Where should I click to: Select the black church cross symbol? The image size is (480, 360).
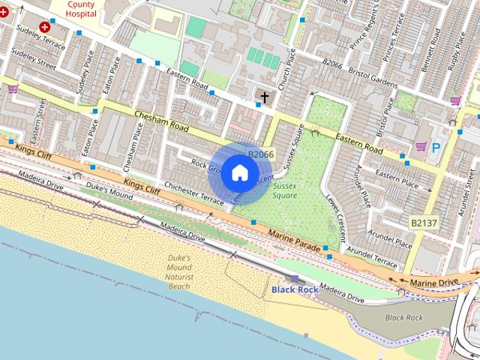click(264, 97)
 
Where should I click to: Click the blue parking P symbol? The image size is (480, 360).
click(436, 148)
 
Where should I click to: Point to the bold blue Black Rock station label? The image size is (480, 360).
click(295, 289)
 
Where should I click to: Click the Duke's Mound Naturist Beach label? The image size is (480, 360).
click(179, 271)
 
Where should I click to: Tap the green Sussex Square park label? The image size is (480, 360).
click(284, 190)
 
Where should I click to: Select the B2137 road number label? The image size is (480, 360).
click(424, 223)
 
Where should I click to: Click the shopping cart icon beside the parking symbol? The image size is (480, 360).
click(421, 146)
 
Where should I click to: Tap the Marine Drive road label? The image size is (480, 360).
click(433, 283)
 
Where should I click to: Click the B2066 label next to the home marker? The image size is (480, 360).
click(261, 154)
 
